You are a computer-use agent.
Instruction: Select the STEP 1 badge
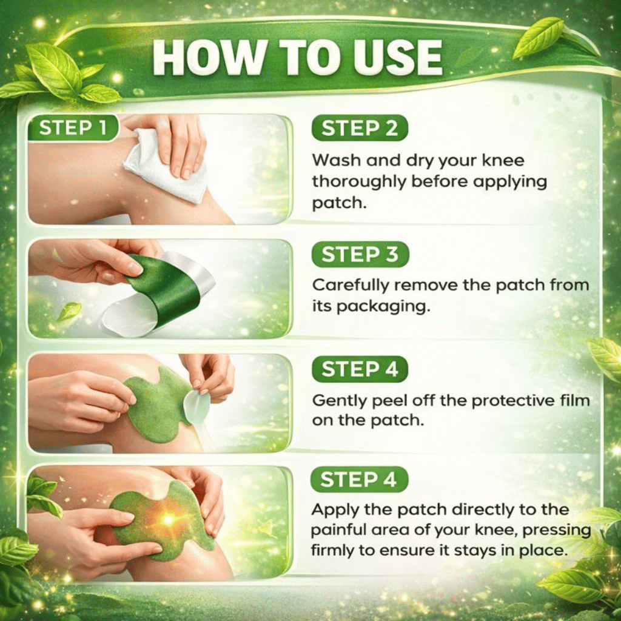coord(73,127)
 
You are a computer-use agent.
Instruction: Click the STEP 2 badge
coord(359,129)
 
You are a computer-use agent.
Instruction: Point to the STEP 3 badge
coord(360,254)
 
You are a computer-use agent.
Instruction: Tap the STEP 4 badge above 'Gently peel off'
coord(360,369)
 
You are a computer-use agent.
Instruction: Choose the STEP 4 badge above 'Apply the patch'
coord(359,480)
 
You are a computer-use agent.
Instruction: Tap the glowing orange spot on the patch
coord(169,519)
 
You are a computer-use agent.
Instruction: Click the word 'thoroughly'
coord(358,182)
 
